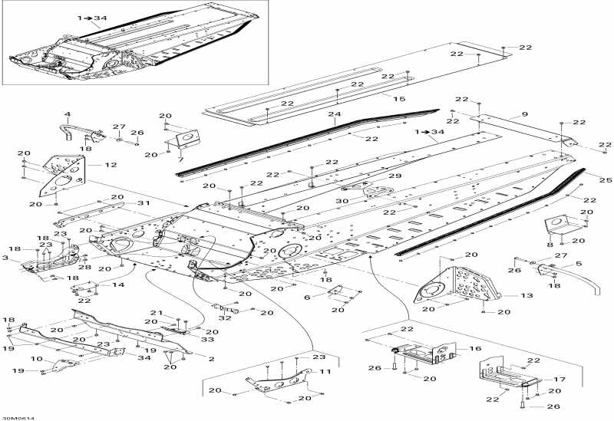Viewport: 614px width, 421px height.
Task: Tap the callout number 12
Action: tap(111, 164)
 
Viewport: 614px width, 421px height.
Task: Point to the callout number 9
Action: tap(525, 114)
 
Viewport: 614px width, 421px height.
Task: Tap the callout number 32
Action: tap(226, 317)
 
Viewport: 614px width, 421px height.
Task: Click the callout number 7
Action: tap(181, 159)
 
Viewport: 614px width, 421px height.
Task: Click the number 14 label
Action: tap(117, 285)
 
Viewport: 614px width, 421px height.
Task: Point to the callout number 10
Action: tap(36, 358)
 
